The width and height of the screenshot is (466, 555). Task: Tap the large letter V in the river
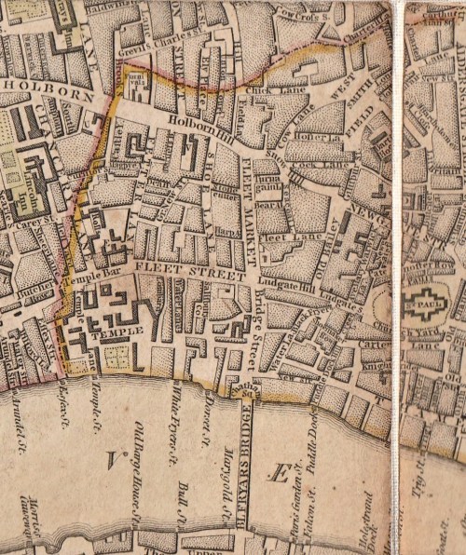click(116, 458)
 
